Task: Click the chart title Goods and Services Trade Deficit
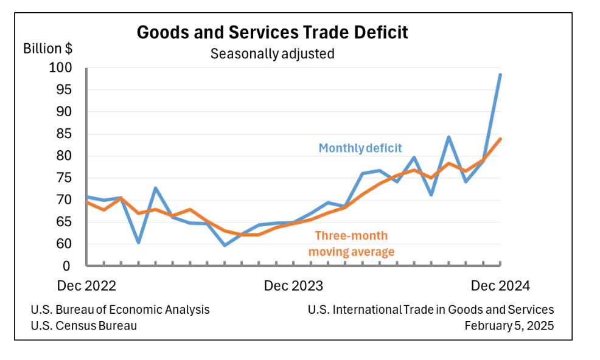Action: click(x=272, y=32)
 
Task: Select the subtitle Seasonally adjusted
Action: click(x=272, y=54)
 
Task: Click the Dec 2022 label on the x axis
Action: click(x=86, y=286)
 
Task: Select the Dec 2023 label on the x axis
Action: click(x=293, y=286)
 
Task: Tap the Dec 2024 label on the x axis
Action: click(x=500, y=286)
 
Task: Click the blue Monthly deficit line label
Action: click(x=360, y=148)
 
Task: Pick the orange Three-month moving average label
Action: click(x=351, y=243)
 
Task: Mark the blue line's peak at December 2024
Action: click(x=500, y=74)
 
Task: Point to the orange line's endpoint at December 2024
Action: click(x=500, y=139)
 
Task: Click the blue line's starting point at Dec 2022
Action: click(x=87, y=196)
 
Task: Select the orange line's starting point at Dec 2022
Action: click(x=87, y=202)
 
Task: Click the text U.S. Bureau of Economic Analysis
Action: click(x=120, y=310)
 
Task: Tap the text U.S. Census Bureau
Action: click(x=84, y=325)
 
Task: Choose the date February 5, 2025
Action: click(x=509, y=325)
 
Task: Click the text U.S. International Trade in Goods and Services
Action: click(x=431, y=310)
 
